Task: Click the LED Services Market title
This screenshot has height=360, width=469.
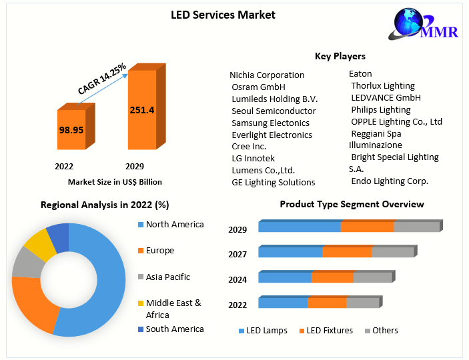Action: [x=223, y=15]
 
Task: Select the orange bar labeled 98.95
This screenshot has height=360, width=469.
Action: [x=71, y=129]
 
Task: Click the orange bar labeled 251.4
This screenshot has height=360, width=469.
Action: [x=142, y=110]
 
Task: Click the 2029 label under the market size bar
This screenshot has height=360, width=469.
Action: [x=134, y=166]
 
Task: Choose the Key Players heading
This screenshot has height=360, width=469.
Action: [x=340, y=56]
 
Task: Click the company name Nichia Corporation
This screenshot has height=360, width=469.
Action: [x=267, y=75]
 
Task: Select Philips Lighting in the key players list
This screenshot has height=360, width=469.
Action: [x=381, y=109]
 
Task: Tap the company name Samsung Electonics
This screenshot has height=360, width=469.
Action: [x=270, y=123]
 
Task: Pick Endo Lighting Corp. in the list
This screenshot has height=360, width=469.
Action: [x=390, y=181]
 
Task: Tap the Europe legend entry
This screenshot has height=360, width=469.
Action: [x=160, y=250]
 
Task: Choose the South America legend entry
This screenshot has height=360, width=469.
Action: [x=175, y=329]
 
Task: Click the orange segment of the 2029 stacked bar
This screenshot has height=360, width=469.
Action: [x=367, y=227]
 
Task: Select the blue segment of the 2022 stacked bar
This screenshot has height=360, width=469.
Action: [x=283, y=303]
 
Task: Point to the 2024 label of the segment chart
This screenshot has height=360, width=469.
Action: [x=238, y=280]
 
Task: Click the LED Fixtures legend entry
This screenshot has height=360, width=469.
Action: [x=330, y=330]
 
